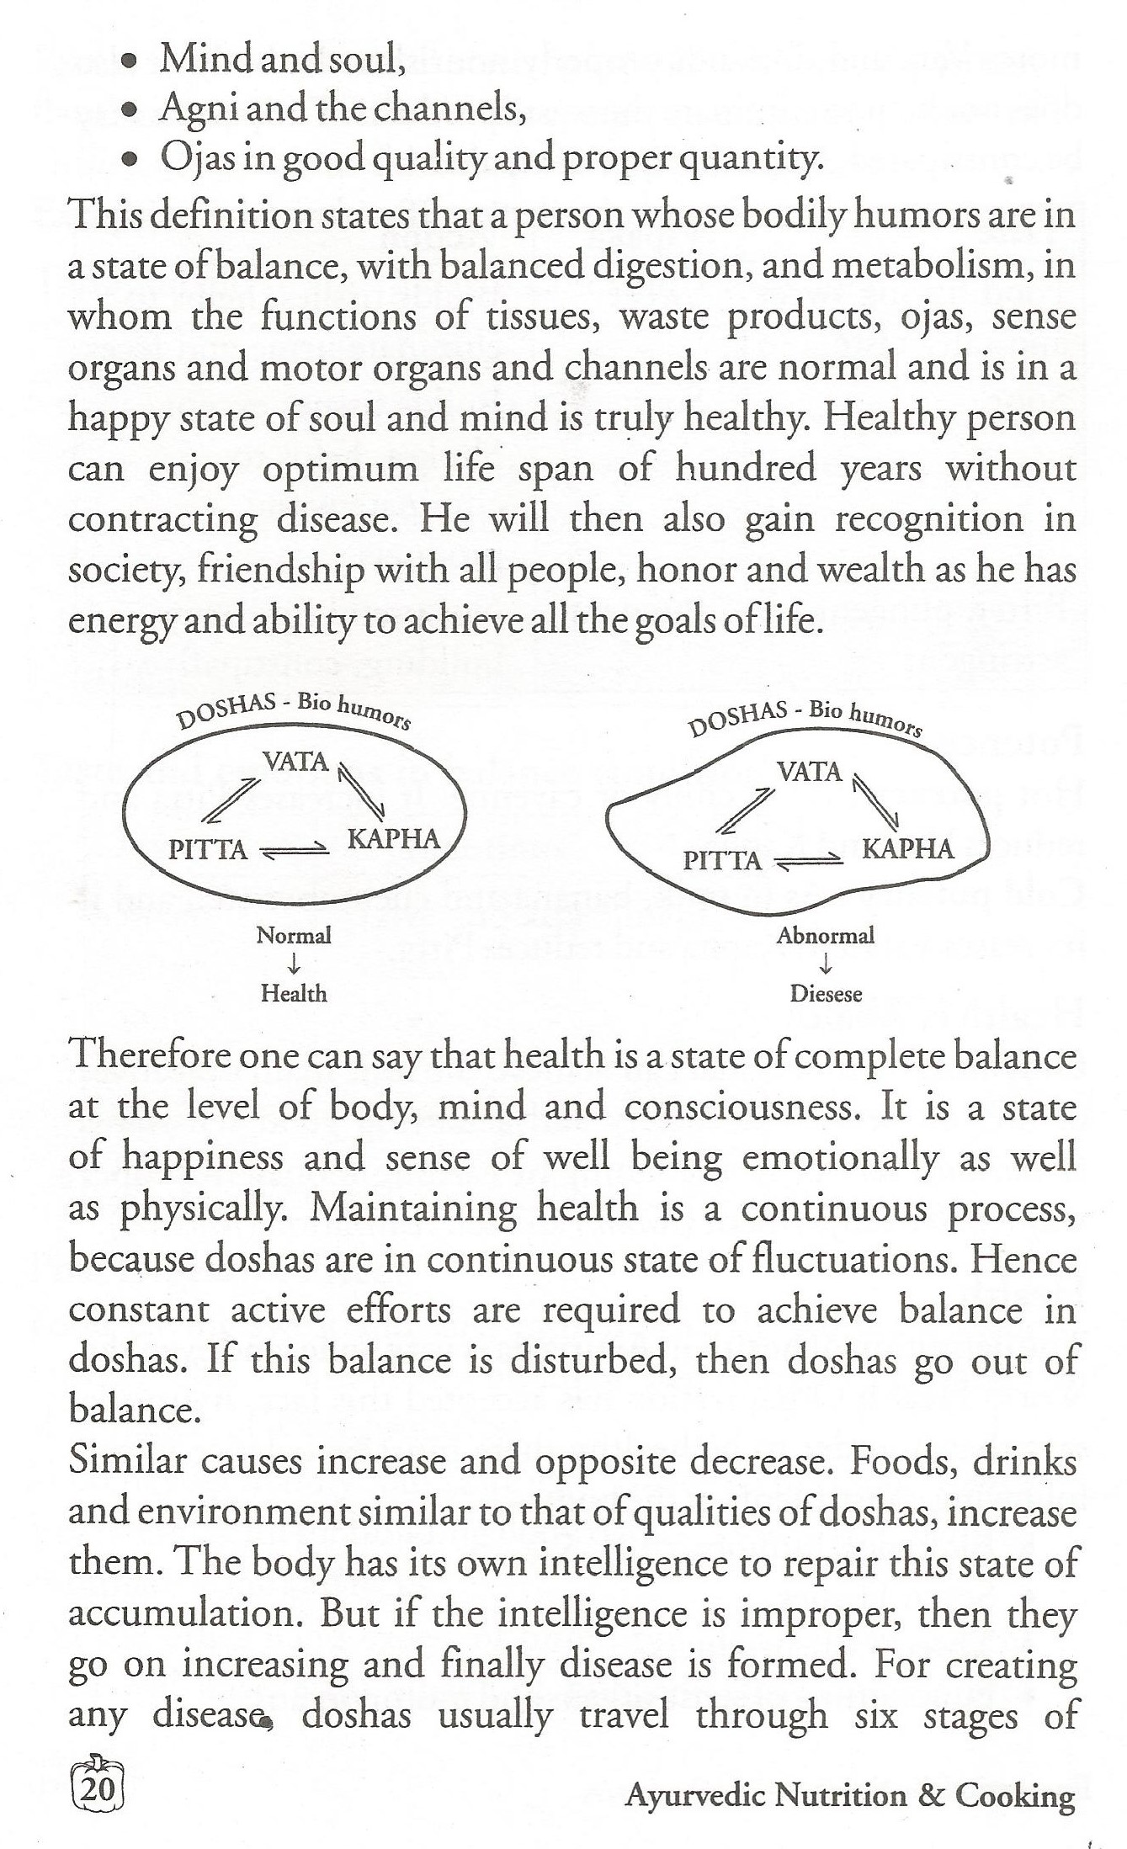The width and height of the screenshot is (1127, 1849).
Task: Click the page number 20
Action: pos(100,1788)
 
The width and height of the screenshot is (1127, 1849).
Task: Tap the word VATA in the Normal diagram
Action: pos(295,761)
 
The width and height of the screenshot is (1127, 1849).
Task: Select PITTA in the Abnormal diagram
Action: pos(721,860)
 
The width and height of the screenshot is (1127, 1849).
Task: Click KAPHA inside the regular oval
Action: pos(394,838)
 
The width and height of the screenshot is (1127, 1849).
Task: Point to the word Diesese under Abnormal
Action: pos(826,994)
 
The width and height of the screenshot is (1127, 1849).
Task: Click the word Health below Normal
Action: pos(294,993)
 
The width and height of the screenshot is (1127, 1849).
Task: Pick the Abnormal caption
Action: pos(826,935)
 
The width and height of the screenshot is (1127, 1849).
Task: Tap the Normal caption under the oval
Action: pos(294,935)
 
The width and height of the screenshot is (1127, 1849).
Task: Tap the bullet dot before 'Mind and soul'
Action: pos(129,61)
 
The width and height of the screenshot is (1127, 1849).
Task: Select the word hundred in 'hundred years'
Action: pos(746,468)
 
